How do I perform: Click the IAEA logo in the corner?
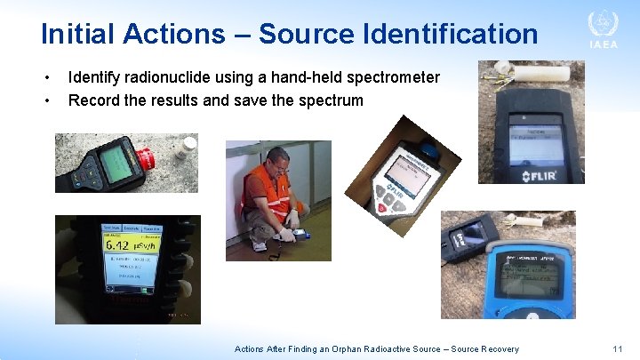[603, 30]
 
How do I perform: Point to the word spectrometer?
[390, 77]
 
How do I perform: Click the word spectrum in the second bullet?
[328, 100]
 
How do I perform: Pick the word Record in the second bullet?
[95, 100]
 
